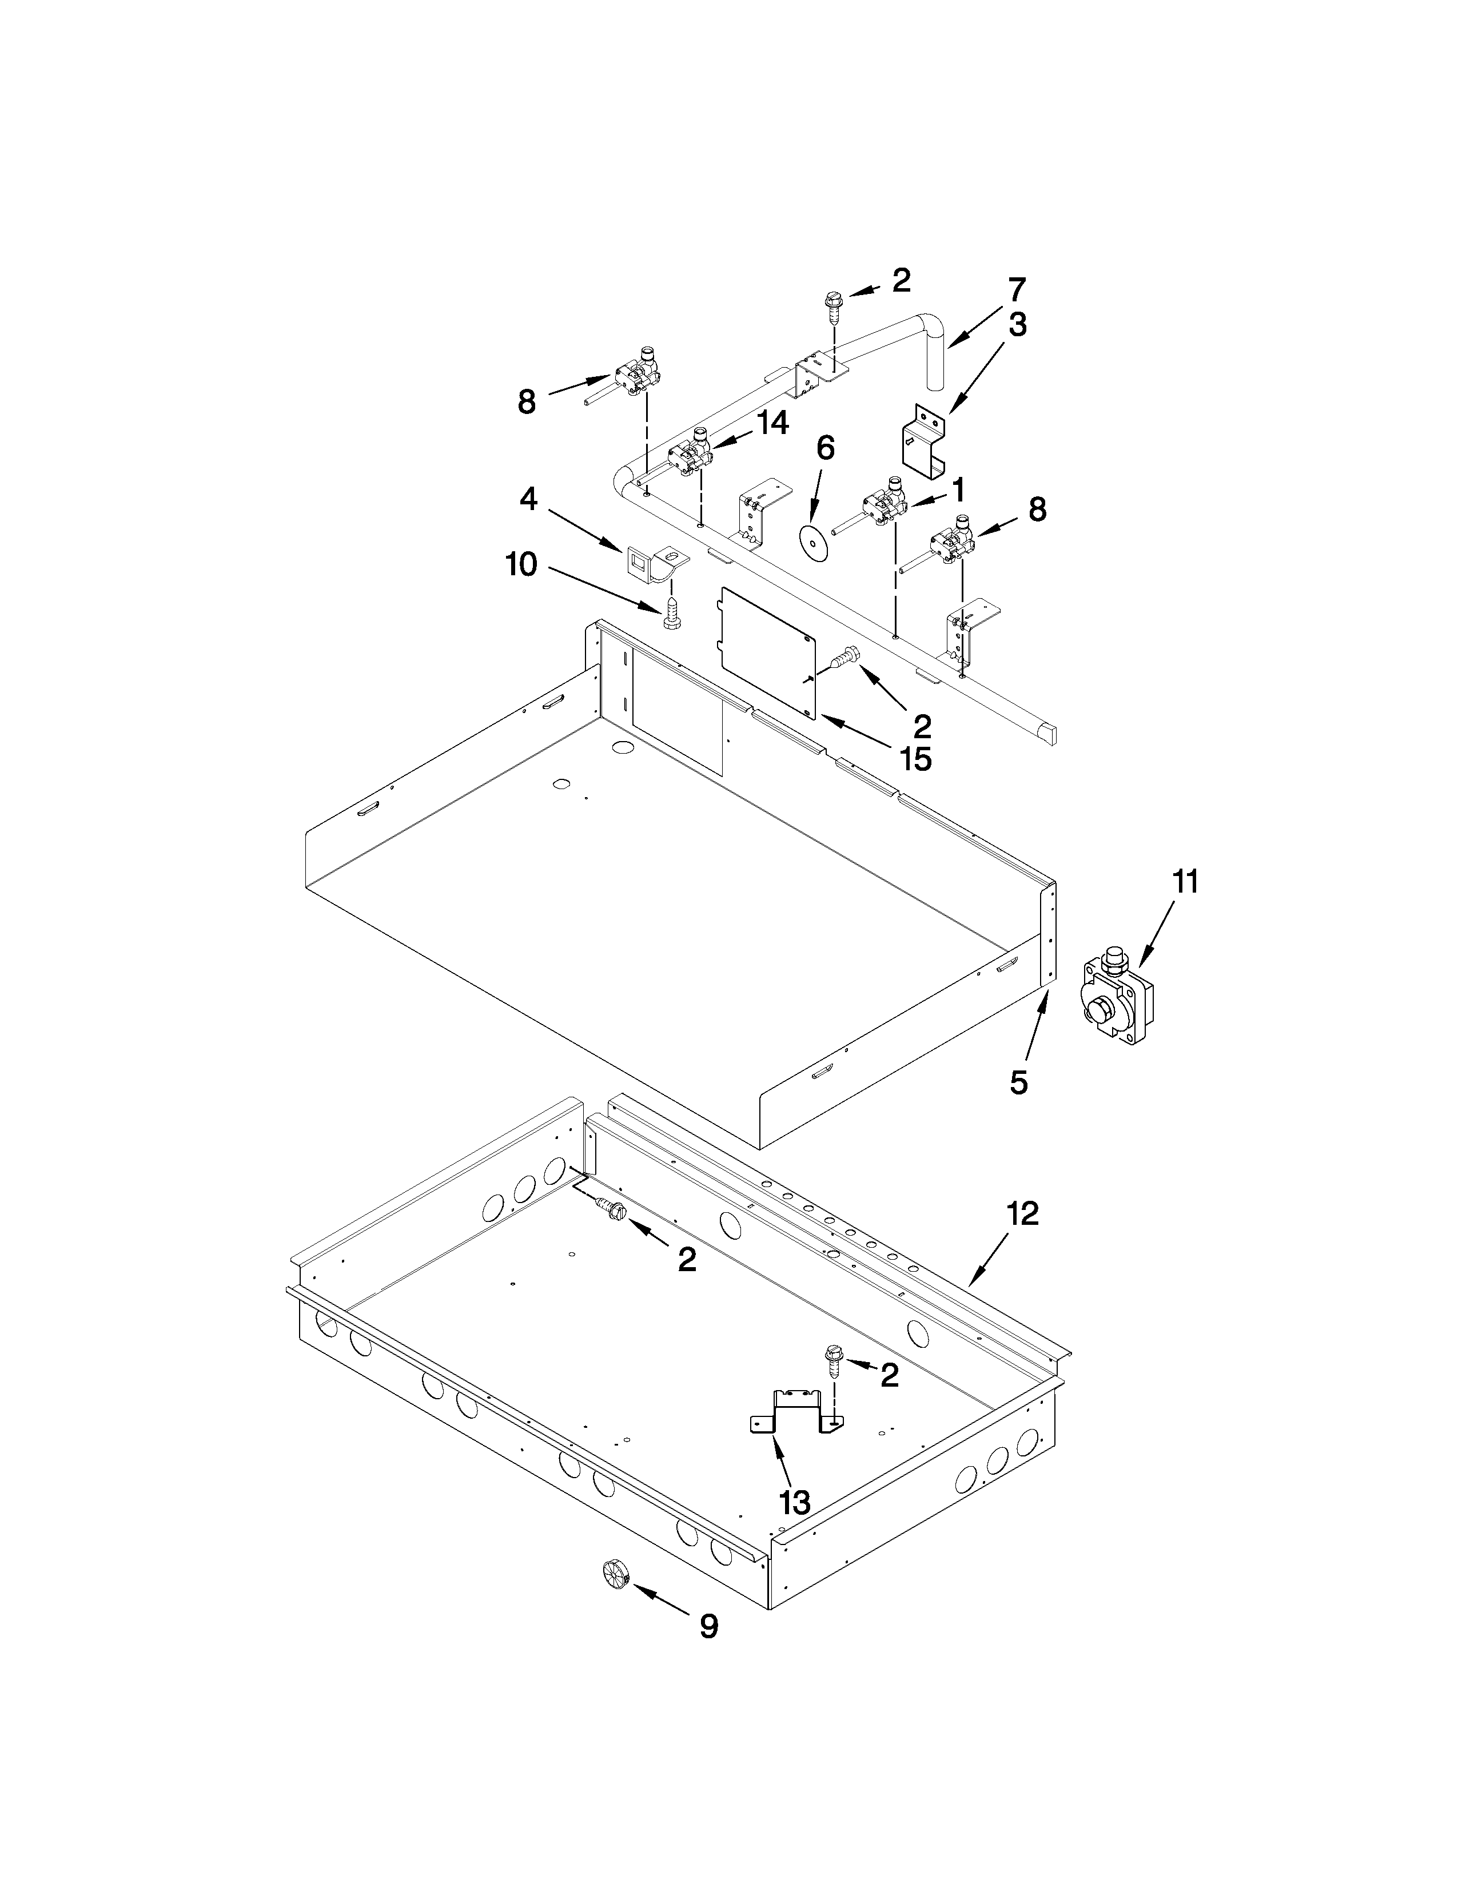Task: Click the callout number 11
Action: pos(1185,883)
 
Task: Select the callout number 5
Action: pos(1019,1082)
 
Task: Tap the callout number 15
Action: pos(915,759)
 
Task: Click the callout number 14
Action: pos(772,423)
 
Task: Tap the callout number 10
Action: pos(521,565)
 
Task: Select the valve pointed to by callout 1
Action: pos(883,508)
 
